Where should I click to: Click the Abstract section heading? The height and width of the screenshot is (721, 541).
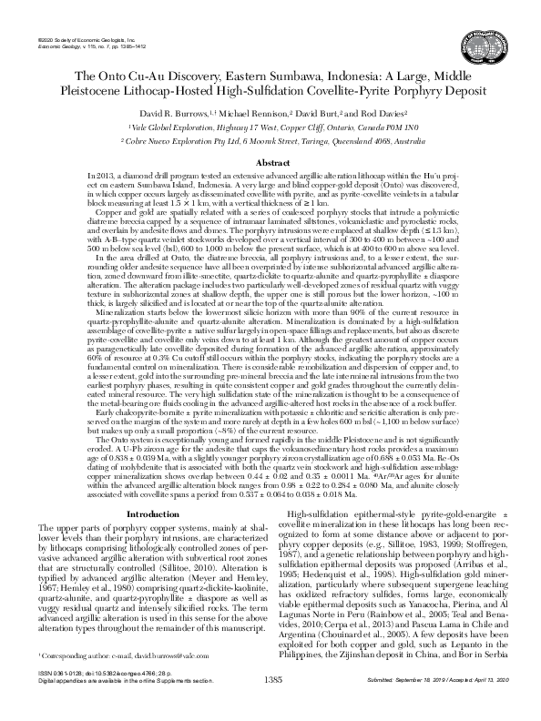(x=270, y=162)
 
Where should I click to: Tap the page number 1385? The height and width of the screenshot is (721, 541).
(x=270, y=705)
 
